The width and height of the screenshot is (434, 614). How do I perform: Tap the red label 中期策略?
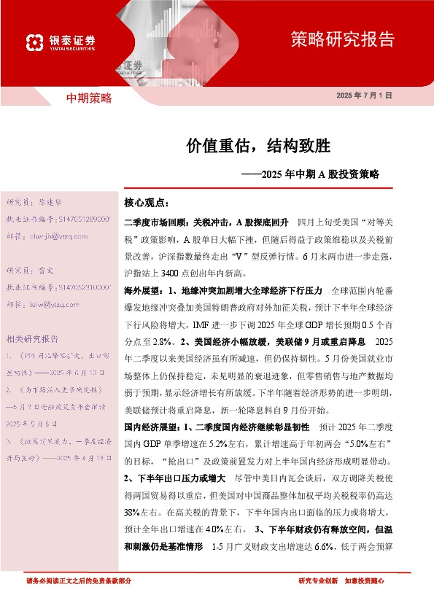[x=89, y=98]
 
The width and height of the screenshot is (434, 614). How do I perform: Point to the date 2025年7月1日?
[x=365, y=96]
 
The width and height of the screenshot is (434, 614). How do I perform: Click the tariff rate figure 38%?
[x=133, y=510]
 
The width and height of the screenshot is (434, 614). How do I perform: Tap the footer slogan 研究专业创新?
[x=318, y=581]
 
